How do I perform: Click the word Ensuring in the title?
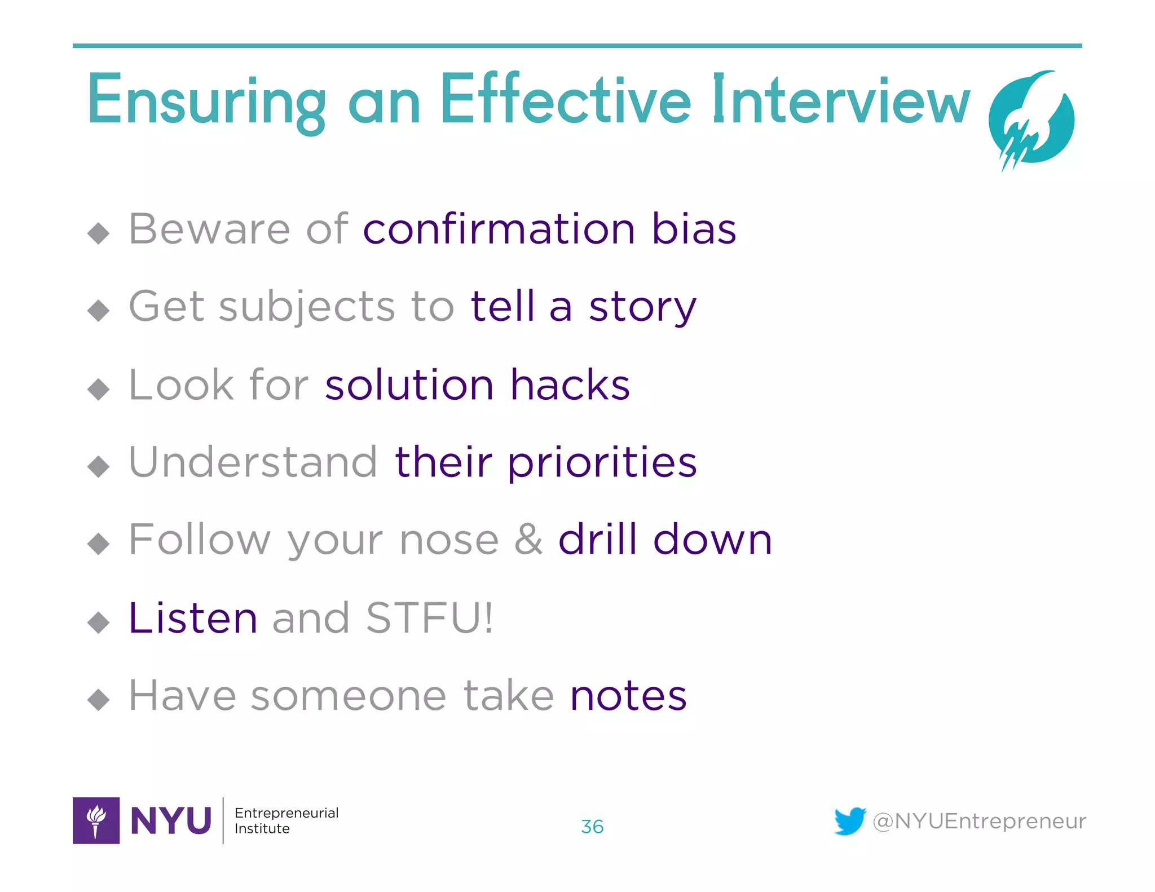tap(206, 101)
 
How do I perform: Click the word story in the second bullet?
tap(643, 307)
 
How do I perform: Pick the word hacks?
tap(570, 385)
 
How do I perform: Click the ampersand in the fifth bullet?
tap(528, 540)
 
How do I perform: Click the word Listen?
tap(193, 618)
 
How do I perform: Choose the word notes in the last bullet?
tap(628, 696)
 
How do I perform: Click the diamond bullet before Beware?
tap(99, 233)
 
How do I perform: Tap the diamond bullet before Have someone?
tap(99, 700)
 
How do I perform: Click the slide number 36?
tap(592, 827)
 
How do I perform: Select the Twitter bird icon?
tap(850, 821)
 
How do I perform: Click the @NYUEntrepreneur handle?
tap(979, 821)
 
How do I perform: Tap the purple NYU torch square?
tap(96, 820)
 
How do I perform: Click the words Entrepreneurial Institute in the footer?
tap(286, 820)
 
